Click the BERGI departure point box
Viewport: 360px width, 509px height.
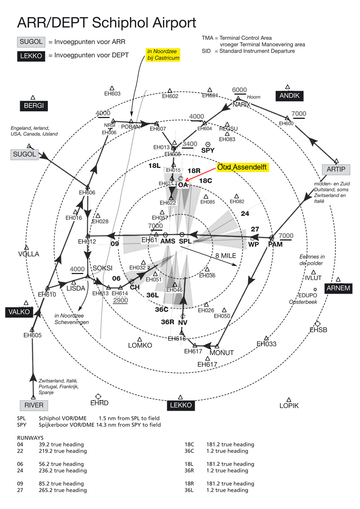click(x=34, y=106)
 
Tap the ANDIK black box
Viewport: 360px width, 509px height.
click(x=289, y=96)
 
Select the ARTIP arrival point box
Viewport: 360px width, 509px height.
click(x=336, y=169)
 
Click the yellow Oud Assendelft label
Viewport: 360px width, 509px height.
click(x=243, y=167)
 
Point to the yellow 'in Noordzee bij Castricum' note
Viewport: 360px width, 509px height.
click(x=163, y=55)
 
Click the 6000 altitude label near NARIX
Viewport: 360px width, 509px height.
click(x=239, y=90)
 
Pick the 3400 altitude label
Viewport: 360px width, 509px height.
click(x=190, y=144)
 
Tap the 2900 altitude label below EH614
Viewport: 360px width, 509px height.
click(x=121, y=300)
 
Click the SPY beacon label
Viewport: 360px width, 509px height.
click(x=208, y=150)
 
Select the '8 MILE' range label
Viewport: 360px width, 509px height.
click(x=225, y=256)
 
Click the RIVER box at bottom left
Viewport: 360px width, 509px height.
click(x=34, y=405)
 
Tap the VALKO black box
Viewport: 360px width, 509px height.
click(x=19, y=312)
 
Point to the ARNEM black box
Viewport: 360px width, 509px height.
click(x=338, y=288)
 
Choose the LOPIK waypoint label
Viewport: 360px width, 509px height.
click(x=289, y=406)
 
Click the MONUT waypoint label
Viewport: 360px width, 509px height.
click(x=222, y=353)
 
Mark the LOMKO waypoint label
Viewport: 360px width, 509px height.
click(x=140, y=345)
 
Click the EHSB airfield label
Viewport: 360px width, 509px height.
click(x=318, y=330)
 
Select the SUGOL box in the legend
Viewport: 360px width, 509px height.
click(x=31, y=42)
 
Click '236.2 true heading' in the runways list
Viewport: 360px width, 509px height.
click(x=63, y=471)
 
